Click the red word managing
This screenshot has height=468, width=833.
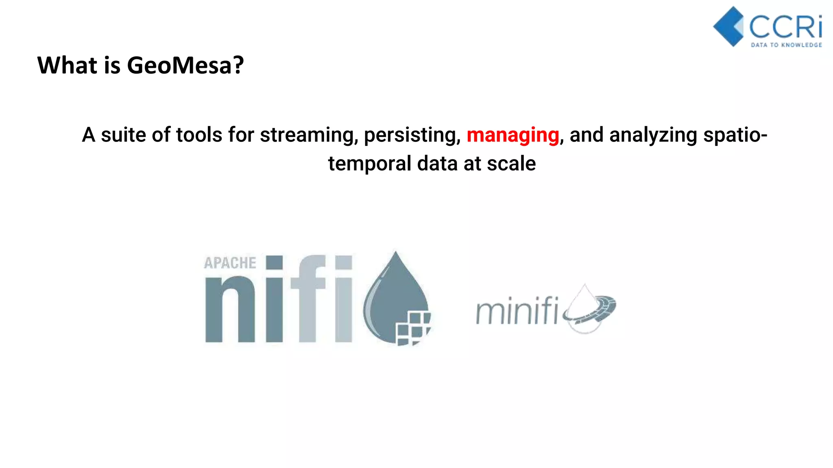(512, 135)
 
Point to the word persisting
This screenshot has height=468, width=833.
(412, 135)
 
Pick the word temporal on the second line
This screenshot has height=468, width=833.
(370, 164)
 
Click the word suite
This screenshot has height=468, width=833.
(124, 135)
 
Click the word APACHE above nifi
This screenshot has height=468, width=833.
(230, 263)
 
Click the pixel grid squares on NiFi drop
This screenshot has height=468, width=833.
(412, 327)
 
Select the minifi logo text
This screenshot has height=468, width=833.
(517, 311)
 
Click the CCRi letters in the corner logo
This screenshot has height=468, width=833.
(785, 27)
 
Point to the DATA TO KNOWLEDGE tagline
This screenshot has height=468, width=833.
(786, 45)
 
